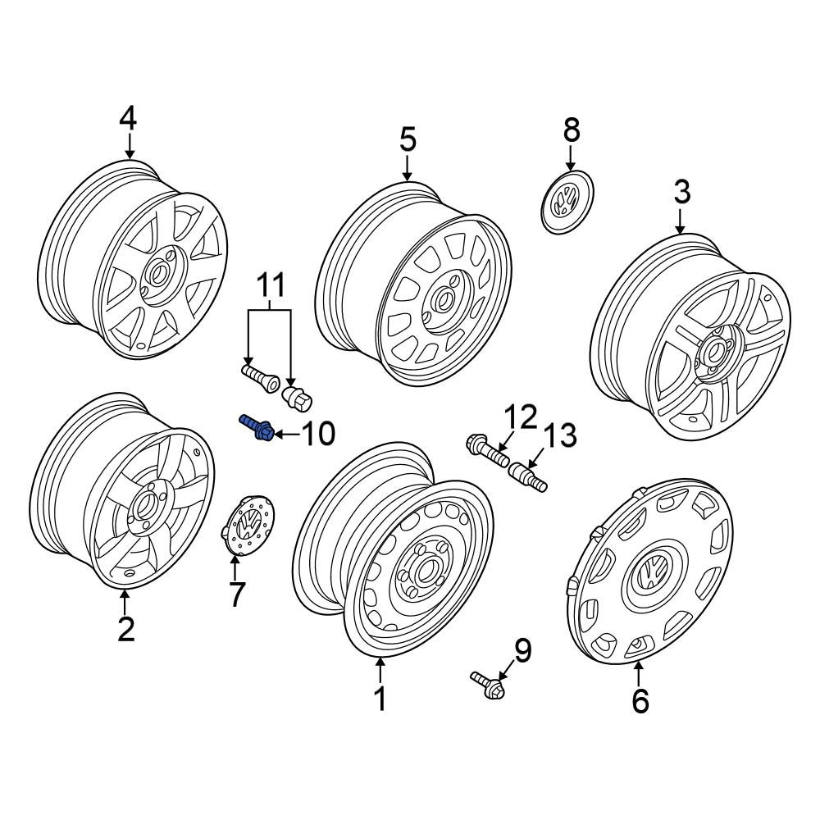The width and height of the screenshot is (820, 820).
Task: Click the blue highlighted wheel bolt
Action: pos(257,427)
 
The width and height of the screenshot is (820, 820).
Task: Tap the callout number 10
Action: pos(318,434)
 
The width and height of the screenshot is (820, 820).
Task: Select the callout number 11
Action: pos(271,285)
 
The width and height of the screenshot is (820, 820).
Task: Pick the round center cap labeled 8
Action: pos(567,202)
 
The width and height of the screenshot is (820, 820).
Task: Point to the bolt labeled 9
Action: pos(489,686)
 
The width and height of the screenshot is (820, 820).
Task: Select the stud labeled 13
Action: pos(528,476)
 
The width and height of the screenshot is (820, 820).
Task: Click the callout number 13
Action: pos(560,436)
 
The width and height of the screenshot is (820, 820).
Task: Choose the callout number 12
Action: pos(521,417)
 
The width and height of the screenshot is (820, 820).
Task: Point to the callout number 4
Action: pos(128,119)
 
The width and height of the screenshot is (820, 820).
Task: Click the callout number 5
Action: pos(408,140)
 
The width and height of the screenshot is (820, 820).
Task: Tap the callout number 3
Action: pos(682,193)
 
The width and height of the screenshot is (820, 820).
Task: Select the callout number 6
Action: pos(640,701)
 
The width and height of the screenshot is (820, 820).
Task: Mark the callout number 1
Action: pos(380,698)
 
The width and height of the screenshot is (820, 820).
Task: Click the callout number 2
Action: pos(126,629)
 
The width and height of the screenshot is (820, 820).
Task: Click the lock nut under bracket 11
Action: pos(297,399)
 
